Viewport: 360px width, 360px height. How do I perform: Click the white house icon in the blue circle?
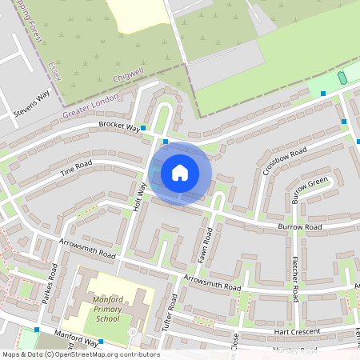(180, 172)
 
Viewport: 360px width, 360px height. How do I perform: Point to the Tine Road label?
(76, 169)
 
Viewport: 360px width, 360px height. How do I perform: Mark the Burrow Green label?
(310, 190)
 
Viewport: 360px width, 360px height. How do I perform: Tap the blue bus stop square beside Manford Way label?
(37, 330)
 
